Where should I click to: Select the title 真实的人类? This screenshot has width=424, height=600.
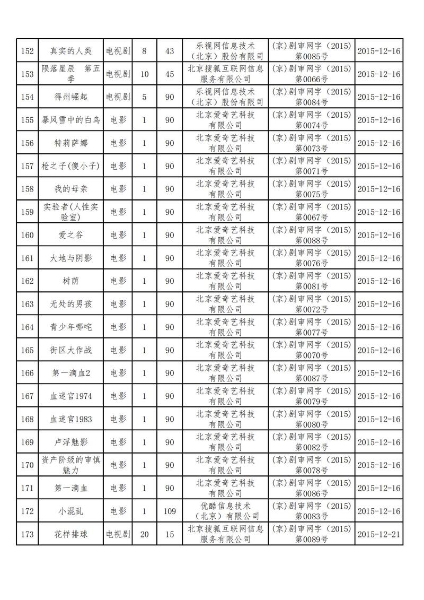pos(70,51)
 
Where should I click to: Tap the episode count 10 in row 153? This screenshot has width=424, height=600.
pos(144,74)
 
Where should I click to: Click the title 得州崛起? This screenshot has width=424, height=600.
pos(70,97)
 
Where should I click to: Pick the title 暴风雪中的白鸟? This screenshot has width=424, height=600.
pos(70,120)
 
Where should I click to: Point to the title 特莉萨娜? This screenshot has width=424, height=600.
pos(70,143)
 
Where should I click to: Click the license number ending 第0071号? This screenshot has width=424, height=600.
pos(311,171)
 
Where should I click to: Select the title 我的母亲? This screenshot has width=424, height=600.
pos(70,189)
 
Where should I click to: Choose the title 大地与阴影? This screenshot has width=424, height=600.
pos(70,258)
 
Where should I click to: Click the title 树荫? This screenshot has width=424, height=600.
pos(70,281)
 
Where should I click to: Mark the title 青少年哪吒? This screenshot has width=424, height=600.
pos(70,327)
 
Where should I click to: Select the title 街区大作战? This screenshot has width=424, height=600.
pos(70,350)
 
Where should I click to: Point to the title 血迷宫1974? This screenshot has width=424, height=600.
pos(70,396)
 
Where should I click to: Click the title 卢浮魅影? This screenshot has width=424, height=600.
pos(70,442)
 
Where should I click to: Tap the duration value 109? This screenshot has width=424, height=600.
pos(170,511)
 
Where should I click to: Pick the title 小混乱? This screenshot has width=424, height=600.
pos(70,511)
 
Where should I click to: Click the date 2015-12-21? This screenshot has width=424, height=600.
pos(379,534)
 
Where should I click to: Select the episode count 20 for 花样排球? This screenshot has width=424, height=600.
pos(144,534)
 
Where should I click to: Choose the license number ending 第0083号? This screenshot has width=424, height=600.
pos(311,516)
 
